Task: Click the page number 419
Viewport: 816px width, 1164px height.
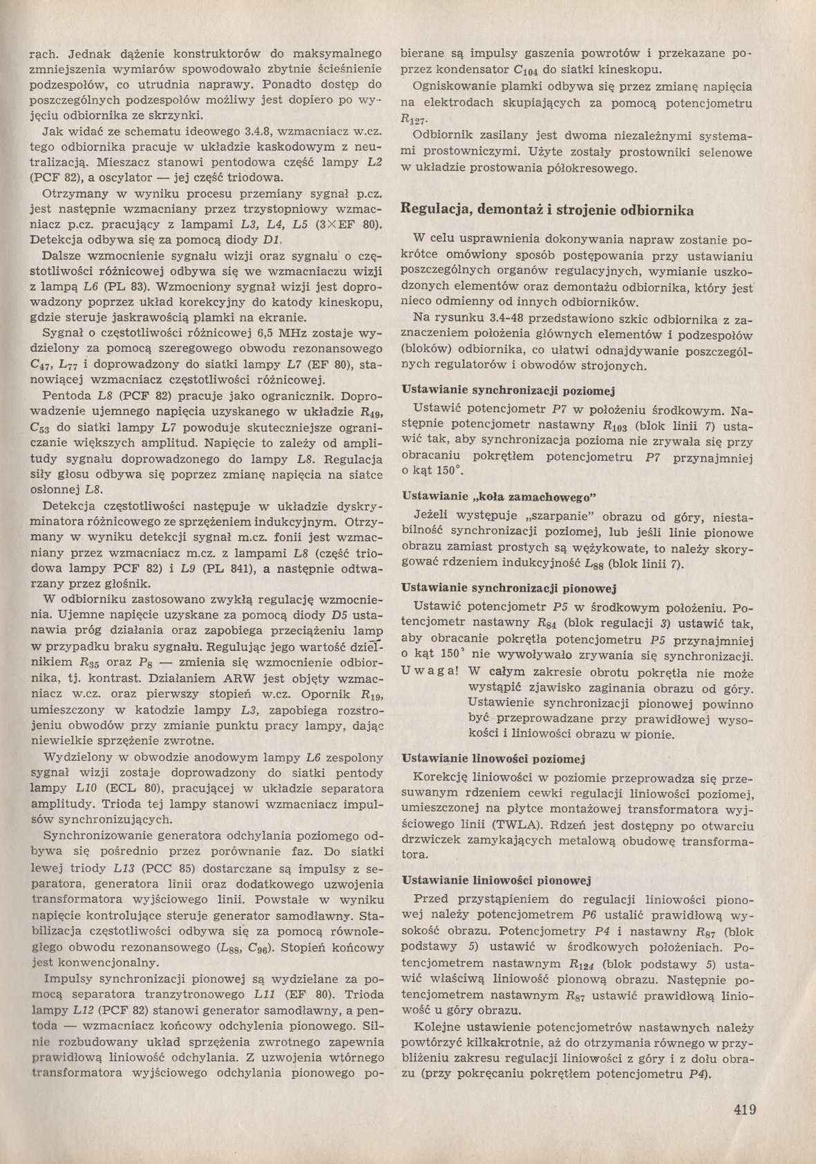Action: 745,1111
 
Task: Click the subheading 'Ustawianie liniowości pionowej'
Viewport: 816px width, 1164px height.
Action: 497,881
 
